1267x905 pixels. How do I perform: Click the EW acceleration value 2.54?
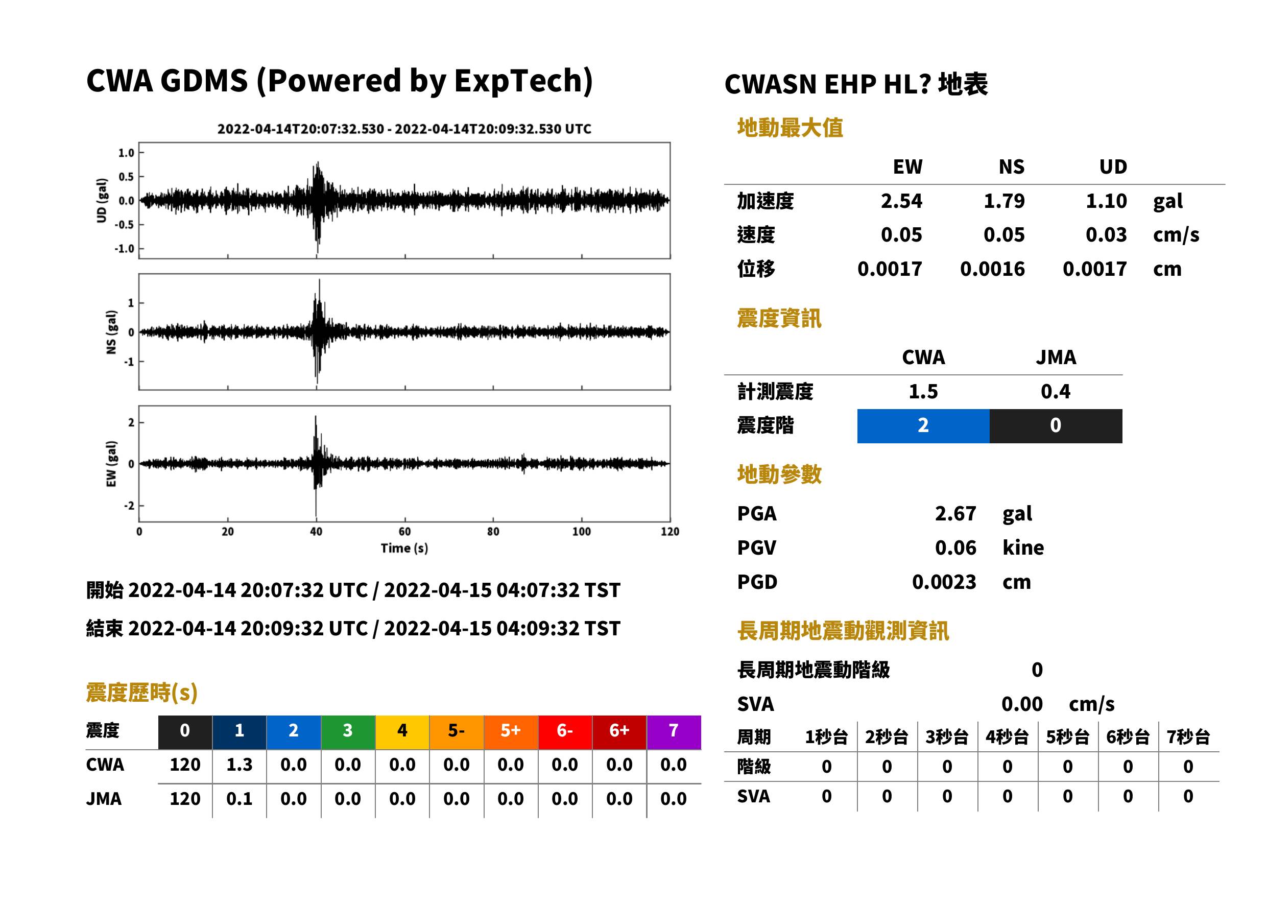point(901,201)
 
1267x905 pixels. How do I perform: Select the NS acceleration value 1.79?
point(1003,201)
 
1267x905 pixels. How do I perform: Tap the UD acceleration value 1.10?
point(1106,201)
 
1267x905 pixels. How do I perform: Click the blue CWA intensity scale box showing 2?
point(923,426)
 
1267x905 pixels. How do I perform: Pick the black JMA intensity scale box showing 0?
point(1056,426)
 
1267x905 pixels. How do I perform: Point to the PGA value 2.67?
point(955,514)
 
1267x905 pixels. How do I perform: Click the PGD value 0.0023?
point(944,582)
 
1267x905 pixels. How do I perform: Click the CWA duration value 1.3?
point(239,765)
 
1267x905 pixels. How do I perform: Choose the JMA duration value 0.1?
point(239,799)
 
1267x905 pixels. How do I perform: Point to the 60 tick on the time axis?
point(404,532)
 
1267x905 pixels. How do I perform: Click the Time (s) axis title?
point(404,549)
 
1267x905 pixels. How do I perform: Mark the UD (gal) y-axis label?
point(102,201)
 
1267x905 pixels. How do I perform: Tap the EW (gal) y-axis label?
point(111,464)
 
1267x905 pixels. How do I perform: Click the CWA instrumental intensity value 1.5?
point(923,392)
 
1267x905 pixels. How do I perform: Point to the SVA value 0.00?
point(1022,704)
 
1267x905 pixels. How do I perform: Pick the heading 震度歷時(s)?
point(142,693)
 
